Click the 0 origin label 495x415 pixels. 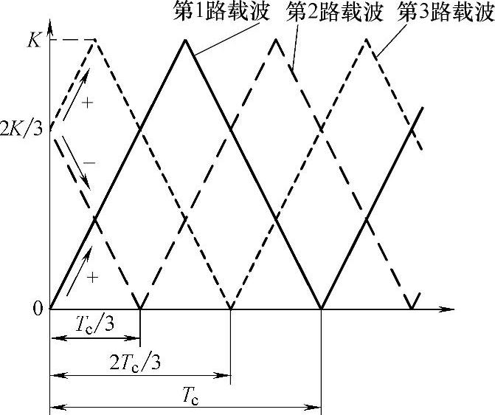coord(37,309)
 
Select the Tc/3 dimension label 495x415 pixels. coord(94,325)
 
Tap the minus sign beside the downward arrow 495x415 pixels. coord(89,162)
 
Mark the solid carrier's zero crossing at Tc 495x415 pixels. coord(322,307)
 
